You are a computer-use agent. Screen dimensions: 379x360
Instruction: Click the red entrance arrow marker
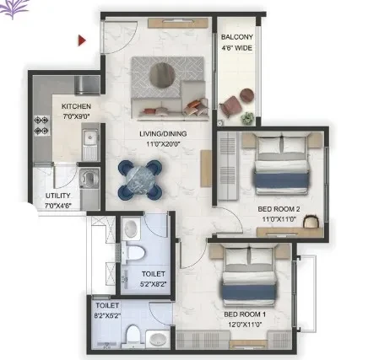point(82,40)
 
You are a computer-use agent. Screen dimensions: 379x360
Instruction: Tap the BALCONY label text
point(237,37)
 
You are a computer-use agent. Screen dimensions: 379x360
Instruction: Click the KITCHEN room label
point(76,106)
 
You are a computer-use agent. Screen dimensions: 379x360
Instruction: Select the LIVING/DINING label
point(163,134)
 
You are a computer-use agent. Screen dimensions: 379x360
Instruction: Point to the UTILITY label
point(58,196)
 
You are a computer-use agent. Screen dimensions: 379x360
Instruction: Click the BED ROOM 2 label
point(279,209)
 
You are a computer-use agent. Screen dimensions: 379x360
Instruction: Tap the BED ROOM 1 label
point(245,314)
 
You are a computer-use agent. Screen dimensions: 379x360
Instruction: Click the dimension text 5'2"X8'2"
point(153,284)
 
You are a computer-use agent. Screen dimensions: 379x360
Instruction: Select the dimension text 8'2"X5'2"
point(107,316)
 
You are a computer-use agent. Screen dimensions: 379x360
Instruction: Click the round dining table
point(140,180)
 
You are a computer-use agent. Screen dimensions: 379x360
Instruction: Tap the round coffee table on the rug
point(162,75)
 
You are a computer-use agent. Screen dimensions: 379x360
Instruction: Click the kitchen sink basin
point(90,138)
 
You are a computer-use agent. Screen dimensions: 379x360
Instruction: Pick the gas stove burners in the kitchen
point(41,126)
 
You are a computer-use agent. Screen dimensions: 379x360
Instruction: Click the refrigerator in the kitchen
point(87,85)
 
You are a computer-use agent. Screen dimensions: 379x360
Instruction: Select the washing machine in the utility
point(89,178)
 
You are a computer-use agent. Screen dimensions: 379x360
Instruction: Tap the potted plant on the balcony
point(247,118)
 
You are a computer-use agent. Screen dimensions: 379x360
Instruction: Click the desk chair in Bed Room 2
point(311,221)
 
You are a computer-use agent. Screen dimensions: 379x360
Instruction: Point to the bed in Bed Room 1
point(249,277)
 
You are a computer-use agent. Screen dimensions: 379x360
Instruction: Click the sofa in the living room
point(170,106)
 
